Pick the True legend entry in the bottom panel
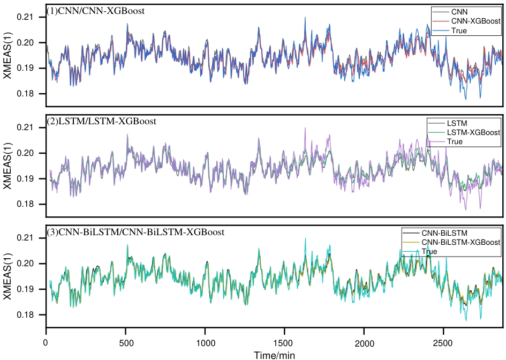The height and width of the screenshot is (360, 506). pyautogui.click(x=429, y=251)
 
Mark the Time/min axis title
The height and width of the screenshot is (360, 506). pyautogui.click(x=274, y=355)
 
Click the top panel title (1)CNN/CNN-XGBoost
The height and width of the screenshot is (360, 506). pyautogui.click(x=95, y=11)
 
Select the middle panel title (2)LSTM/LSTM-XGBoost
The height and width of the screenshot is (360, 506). pyautogui.click(x=102, y=122)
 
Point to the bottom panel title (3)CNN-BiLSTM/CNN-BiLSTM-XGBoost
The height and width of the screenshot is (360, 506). pyautogui.click(x=135, y=232)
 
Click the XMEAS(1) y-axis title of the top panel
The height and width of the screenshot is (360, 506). pyautogui.click(x=7, y=56)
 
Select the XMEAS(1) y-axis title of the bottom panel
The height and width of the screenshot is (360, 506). pyautogui.click(x=7, y=277)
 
